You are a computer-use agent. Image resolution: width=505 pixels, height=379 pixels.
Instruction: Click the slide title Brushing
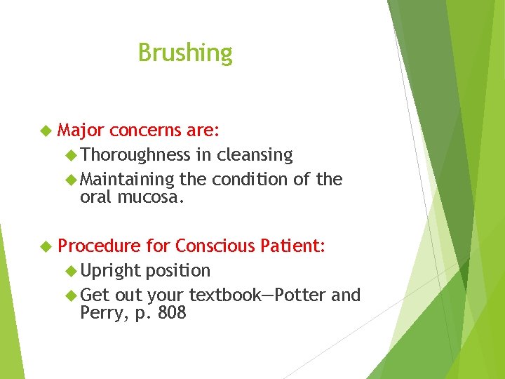pyautogui.click(x=185, y=53)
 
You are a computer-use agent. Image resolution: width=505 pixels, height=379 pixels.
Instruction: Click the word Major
pyautogui.click(x=81, y=131)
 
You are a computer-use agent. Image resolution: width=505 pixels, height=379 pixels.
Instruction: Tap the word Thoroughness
pyautogui.click(x=135, y=155)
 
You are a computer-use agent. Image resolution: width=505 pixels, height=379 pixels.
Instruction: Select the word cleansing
pyautogui.click(x=255, y=155)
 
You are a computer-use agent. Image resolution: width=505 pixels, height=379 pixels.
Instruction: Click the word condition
pyautogui.click(x=250, y=180)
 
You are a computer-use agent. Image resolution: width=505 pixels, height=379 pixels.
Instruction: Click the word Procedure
pyautogui.click(x=99, y=246)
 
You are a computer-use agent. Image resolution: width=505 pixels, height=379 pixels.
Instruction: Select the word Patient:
pyautogui.click(x=292, y=246)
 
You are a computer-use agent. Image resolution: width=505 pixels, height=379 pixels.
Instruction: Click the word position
pyautogui.click(x=177, y=271)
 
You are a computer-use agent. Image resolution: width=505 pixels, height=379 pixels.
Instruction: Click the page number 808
pyautogui.click(x=172, y=313)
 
